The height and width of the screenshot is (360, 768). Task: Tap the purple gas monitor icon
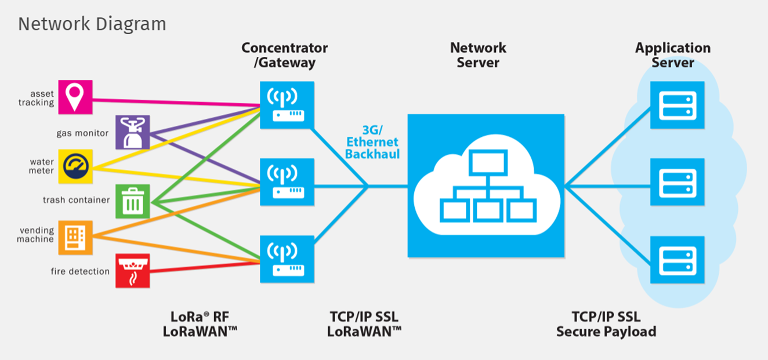[132, 132]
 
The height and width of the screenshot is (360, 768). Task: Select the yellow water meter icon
[75, 166]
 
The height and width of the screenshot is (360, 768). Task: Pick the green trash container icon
[132, 201]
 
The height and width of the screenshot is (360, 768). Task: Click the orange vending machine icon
[75, 237]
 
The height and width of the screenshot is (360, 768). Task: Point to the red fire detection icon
[132, 270]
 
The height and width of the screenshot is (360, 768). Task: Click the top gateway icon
[287, 105]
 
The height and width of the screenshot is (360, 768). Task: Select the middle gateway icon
[287, 181]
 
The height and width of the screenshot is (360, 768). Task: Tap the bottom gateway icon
[287, 259]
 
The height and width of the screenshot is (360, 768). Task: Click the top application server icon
[677, 105]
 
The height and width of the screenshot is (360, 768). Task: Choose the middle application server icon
[677, 181]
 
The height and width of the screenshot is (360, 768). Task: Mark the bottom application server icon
[677, 259]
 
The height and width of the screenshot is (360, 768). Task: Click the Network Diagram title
[92, 24]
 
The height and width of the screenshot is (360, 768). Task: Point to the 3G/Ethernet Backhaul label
[371, 142]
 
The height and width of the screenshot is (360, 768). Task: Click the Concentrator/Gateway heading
[284, 55]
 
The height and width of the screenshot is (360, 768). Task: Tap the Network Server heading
[478, 55]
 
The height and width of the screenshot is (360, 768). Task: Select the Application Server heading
[672, 55]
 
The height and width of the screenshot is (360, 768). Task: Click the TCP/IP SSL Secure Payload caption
[606, 324]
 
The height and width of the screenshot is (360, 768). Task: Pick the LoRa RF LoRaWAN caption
[203, 324]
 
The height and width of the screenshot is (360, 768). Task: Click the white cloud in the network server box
[486, 186]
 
